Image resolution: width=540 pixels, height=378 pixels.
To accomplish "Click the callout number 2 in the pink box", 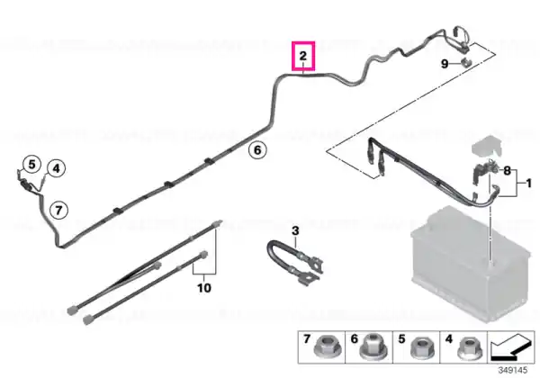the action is [x=302, y=56].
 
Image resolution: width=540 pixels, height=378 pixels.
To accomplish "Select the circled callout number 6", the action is [x=257, y=150].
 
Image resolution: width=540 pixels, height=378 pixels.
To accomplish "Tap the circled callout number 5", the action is [x=31, y=164].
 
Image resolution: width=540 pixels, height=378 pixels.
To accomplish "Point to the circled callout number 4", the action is [x=56, y=168].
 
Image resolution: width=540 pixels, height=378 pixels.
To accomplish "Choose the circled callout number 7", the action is [x=58, y=210].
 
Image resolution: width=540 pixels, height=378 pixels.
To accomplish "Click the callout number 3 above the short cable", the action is [x=295, y=230].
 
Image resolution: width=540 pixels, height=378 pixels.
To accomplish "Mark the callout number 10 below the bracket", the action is [x=204, y=287].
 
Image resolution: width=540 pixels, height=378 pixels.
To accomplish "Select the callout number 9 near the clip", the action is [x=445, y=64].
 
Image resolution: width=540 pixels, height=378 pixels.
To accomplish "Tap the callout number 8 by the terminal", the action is [x=507, y=170].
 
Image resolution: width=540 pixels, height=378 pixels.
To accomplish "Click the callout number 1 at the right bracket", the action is [x=529, y=184].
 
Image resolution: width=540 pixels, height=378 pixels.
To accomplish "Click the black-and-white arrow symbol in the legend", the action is [x=511, y=346].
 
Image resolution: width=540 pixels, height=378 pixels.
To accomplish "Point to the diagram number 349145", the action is [x=512, y=371].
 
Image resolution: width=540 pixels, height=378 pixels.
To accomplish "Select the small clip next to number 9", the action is [x=466, y=63].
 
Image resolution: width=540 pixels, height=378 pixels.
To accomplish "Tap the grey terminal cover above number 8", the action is [x=487, y=147].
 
